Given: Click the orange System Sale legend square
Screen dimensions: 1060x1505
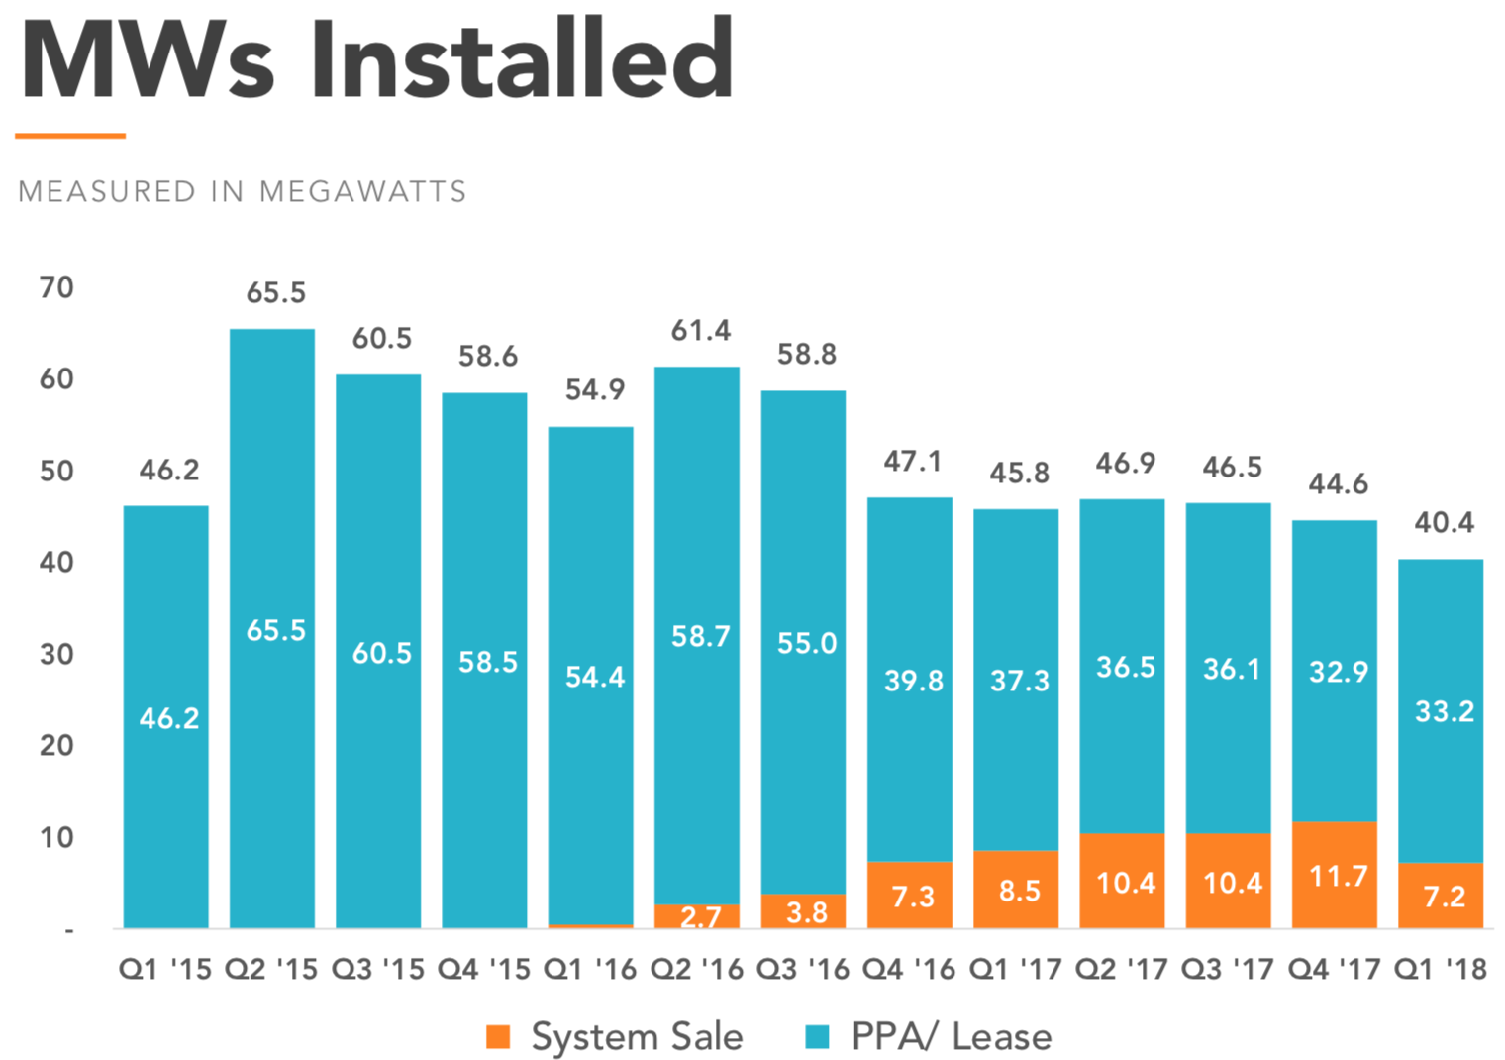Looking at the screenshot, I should coord(498,1036).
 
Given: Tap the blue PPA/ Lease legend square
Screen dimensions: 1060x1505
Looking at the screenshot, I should coord(817,1036).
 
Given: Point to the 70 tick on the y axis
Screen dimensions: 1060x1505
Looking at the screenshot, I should coord(56,288).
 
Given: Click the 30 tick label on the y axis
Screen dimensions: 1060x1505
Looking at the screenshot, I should coord(56,654).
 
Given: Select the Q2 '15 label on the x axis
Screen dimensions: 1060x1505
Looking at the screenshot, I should coord(271,969).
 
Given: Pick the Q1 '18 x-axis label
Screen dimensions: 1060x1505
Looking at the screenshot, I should coord(1440,969).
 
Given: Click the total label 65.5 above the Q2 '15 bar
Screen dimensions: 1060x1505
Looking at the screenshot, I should coord(276,293).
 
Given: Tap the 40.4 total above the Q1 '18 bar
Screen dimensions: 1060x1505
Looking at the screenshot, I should coord(1444,522).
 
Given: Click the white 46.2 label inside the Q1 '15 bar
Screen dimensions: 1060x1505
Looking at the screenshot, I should coord(168,718).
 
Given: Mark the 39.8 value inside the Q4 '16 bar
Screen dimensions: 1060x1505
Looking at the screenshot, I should coord(913,681).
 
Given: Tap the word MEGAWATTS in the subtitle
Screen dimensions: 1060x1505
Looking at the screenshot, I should coord(362,191).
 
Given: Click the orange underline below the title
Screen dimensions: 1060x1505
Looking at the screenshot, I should coord(70,136).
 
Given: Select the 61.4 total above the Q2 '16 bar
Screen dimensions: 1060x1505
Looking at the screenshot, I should coord(700,331).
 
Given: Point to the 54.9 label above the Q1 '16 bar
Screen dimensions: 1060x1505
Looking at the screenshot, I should coord(594,390).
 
